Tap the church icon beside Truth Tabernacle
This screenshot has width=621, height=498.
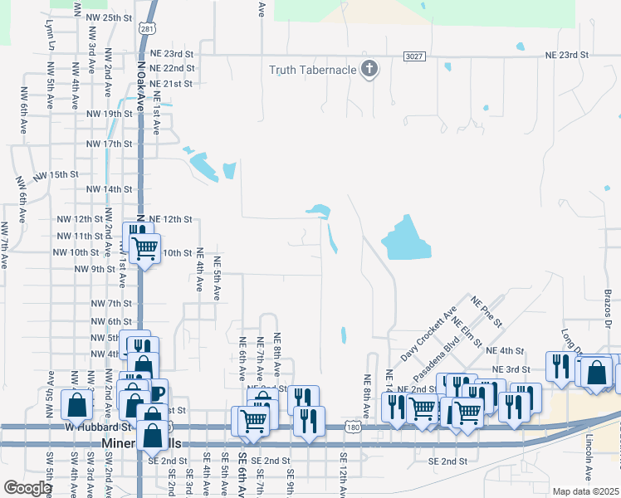coord(370,69)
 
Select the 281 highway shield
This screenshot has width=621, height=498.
coord(147,29)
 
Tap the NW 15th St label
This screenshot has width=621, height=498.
coord(56,175)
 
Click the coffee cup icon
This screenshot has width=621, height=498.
coord(156,393)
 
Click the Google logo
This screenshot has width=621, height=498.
coord(27,488)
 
